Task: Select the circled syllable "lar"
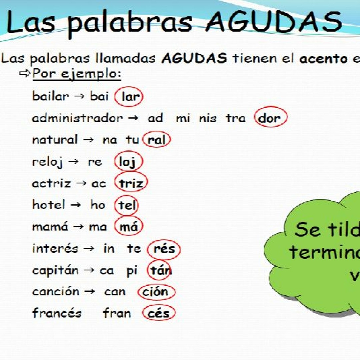click(x=129, y=97)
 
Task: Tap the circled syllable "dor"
click(x=270, y=118)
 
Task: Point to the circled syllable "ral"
click(x=157, y=140)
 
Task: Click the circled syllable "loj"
click(x=128, y=162)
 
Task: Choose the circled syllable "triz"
click(x=131, y=183)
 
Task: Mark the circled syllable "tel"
click(x=126, y=205)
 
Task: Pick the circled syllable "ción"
click(x=156, y=292)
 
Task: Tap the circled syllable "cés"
click(x=158, y=313)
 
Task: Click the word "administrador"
click(x=77, y=118)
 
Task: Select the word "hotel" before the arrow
click(x=49, y=204)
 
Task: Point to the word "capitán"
click(x=55, y=270)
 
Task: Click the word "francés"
click(x=57, y=313)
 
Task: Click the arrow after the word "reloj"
click(x=74, y=162)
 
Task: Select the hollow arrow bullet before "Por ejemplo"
click(x=25, y=73)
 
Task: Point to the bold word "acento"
click(x=323, y=59)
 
